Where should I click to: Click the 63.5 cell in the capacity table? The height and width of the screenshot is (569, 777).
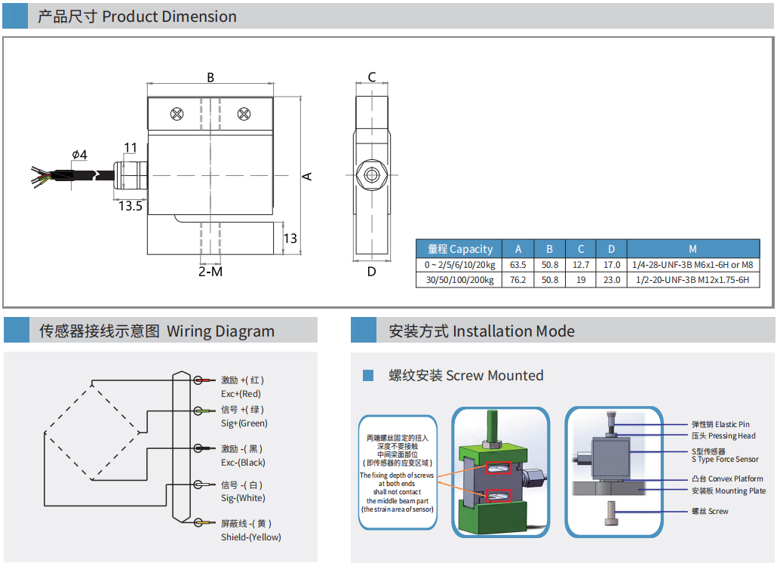[517, 265]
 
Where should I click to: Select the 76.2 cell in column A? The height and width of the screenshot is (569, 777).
[517, 280]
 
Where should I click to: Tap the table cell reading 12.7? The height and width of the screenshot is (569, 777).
[581, 265]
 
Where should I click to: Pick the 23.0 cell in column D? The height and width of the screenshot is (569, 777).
[612, 280]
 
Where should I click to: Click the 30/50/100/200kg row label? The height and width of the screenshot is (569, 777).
[459, 280]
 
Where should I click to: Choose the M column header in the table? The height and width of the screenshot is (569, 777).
[693, 249]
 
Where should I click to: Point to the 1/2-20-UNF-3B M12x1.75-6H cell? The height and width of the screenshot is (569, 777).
[693, 280]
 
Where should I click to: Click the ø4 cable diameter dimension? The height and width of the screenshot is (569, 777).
[79, 155]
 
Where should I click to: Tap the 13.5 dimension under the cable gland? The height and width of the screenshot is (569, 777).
[130, 205]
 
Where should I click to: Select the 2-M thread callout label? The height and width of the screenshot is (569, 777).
[210, 271]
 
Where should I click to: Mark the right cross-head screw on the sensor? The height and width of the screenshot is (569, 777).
[244, 114]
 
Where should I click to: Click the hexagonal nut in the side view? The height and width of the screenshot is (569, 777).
[371, 174]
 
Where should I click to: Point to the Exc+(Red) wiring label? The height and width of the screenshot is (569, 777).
[241, 394]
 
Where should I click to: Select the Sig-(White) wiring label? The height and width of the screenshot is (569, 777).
[243, 498]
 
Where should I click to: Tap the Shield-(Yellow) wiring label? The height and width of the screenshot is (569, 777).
[250, 537]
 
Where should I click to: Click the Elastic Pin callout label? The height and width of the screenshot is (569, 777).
[720, 424]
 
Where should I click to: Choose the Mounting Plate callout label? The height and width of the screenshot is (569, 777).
[728, 491]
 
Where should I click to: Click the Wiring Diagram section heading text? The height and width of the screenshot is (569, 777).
[157, 331]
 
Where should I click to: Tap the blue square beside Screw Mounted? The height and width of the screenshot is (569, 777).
[368, 375]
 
